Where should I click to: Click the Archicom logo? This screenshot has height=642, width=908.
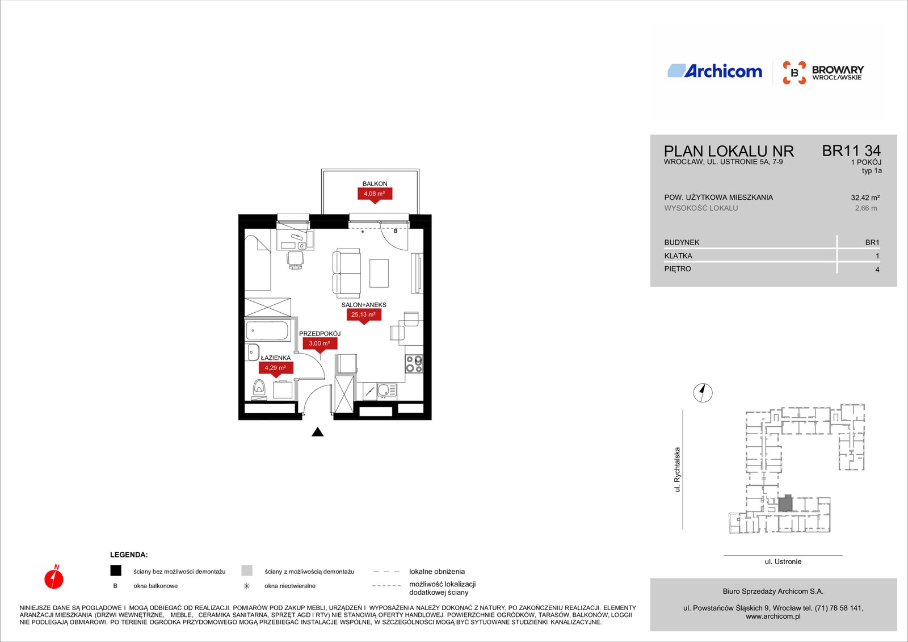tap(714, 71)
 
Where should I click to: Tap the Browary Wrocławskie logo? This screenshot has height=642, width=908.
tap(823, 73)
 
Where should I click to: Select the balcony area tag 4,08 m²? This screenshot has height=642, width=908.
tap(375, 194)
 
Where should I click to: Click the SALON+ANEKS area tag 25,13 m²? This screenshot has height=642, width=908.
tap(364, 315)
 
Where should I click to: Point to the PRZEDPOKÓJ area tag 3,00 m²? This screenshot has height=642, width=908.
tap(320, 344)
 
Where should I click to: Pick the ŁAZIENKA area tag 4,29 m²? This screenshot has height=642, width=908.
tap(276, 368)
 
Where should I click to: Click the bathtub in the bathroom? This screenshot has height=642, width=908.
tap(267, 331)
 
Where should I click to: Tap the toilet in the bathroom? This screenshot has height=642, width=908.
tap(259, 388)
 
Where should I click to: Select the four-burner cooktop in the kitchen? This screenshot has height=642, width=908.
tap(414, 364)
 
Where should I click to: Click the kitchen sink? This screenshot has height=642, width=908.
tap(386, 391)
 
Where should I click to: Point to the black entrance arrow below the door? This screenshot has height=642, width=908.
tap(318, 432)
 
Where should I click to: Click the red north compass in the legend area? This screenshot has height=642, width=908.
tap(54, 577)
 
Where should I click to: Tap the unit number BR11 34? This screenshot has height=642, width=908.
tap(851, 151)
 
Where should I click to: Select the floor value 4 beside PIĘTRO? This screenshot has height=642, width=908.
tap(877, 270)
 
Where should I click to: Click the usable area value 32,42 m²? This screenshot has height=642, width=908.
tap(865, 198)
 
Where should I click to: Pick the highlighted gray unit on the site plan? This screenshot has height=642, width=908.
tap(785, 503)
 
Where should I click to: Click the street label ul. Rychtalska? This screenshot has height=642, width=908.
tap(677, 469)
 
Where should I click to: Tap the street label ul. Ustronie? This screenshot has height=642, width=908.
tap(783, 562)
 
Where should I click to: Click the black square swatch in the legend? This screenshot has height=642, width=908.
tap(116, 570)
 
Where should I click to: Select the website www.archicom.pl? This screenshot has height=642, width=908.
tap(773, 616)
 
